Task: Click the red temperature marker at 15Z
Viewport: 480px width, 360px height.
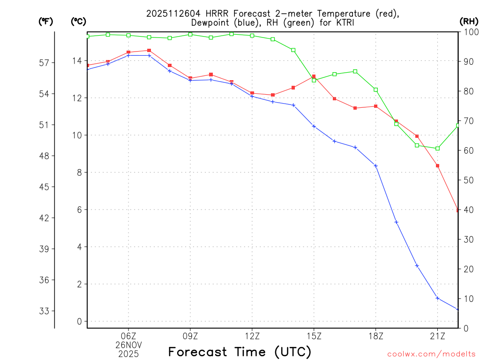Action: tap(314, 76)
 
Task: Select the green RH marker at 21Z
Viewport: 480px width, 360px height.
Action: tap(437, 149)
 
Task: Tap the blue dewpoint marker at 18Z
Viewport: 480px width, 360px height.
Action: tap(375, 165)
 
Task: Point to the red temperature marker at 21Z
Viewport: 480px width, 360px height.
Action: tap(437, 165)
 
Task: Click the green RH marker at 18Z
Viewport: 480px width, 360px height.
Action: tap(375, 90)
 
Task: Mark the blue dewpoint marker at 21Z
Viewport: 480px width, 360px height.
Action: tap(437, 298)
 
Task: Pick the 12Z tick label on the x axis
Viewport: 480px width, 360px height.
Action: tap(252, 336)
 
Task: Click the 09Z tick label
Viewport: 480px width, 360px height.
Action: tap(190, 336)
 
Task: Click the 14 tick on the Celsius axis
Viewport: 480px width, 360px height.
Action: tap(76, 61)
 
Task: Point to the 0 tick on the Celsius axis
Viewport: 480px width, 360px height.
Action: tap(79, 321)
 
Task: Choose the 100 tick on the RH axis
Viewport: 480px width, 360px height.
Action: tap(469, 32)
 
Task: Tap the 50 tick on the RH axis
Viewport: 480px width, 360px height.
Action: tap(467, 180)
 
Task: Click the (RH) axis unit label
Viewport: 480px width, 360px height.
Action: tap(469, 21)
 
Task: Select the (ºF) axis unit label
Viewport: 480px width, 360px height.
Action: tap(46, 21)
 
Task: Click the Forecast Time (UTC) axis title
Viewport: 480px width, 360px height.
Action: tap(240, 352)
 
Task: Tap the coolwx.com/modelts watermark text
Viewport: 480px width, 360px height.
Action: tap(431, 354)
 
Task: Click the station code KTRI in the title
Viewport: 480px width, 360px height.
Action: tap(345, 22)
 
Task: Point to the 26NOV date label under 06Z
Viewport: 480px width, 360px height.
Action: tap(128, 345)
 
